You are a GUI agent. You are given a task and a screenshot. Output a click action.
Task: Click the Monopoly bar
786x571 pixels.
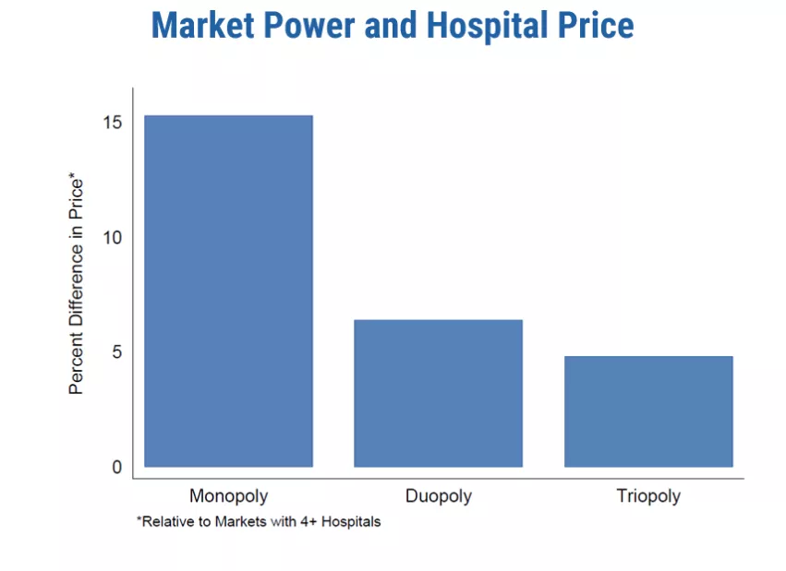[228, 291]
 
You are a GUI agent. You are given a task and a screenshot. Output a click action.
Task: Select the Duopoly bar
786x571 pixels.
[438, 393]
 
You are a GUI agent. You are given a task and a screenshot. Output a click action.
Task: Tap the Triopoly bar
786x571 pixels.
[647, 411]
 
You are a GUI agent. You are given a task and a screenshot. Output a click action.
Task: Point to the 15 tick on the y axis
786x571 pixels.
[114, 123]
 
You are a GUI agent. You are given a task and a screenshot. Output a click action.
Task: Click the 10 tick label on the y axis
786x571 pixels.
[114, 237]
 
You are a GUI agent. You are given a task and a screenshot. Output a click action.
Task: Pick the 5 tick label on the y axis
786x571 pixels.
[117, 352]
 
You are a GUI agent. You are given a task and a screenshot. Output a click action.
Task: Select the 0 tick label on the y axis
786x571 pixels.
[117, 468]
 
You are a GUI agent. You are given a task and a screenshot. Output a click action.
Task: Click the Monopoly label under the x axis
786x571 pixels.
[228, 496]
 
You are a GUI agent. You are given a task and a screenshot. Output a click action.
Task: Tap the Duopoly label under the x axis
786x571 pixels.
[438, 496]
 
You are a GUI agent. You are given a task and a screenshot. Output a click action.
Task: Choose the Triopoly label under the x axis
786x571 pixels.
[648, 496]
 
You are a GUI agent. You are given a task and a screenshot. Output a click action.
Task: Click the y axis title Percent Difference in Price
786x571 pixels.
[77, 285]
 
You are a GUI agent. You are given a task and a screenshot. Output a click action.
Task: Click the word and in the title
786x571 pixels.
[391, 25]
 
